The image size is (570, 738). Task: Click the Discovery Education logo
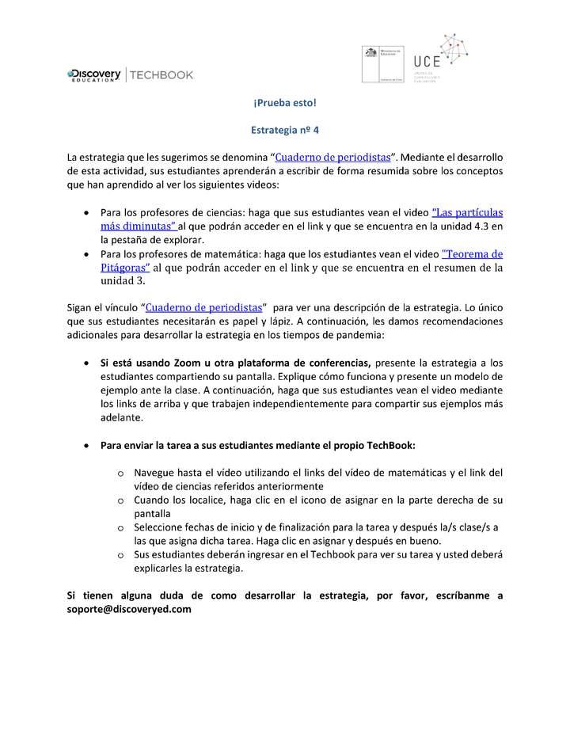tap(94, 74)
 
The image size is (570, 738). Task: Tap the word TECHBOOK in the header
tap(161, 74)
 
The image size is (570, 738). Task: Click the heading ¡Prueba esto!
tap(284, 104)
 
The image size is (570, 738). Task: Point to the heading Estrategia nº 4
tap(284, 130)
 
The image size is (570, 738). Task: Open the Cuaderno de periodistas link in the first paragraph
tap(332, 158)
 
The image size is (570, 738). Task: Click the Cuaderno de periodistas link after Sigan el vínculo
tap(204, 307)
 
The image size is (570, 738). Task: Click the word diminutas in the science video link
tap(149, 226)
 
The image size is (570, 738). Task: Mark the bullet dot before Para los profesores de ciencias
tap(86, 213)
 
